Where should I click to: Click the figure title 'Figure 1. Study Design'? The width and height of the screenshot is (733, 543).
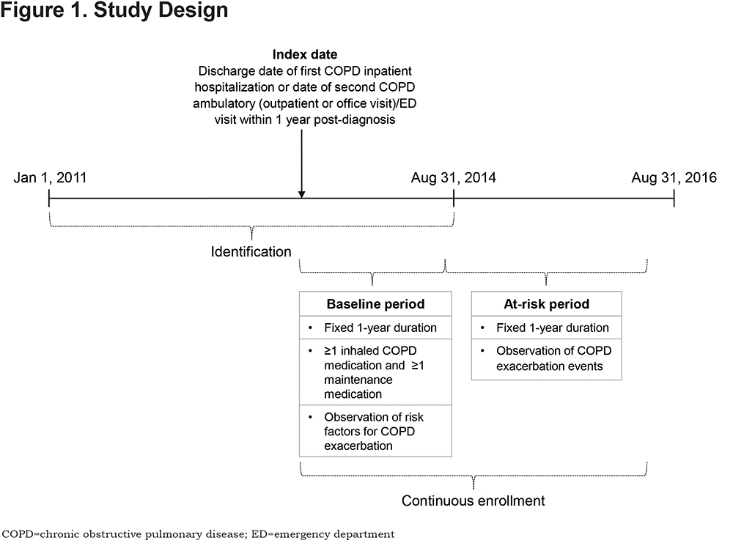114,10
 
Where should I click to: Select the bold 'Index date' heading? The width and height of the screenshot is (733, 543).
305,55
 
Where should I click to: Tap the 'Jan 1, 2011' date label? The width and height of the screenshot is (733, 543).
50,177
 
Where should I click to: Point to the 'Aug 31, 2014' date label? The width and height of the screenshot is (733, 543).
454,177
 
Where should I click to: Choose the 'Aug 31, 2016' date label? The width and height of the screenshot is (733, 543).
674,177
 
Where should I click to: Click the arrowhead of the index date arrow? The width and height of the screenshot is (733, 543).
302,194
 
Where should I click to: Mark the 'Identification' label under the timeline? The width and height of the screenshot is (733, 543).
251,251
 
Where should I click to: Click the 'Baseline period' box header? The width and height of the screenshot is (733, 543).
375,304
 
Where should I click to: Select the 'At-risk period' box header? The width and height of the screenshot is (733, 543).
547,304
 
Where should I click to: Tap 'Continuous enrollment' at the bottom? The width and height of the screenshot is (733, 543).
473,500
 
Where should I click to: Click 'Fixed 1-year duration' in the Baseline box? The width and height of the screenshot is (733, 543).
380,328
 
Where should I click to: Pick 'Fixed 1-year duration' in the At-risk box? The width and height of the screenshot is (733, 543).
553,328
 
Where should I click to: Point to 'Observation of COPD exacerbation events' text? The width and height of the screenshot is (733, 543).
554,358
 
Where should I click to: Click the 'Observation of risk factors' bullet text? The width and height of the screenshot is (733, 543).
374,432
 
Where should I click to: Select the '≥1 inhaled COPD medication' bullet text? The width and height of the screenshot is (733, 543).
374,372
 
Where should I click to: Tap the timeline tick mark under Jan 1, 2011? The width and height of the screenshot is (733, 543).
49,198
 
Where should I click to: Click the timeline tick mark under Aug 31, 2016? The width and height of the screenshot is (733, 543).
674,198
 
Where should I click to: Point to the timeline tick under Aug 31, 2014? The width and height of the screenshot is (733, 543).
454,198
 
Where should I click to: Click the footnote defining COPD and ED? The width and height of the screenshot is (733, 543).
198,534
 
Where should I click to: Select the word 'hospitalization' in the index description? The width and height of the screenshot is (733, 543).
235,87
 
